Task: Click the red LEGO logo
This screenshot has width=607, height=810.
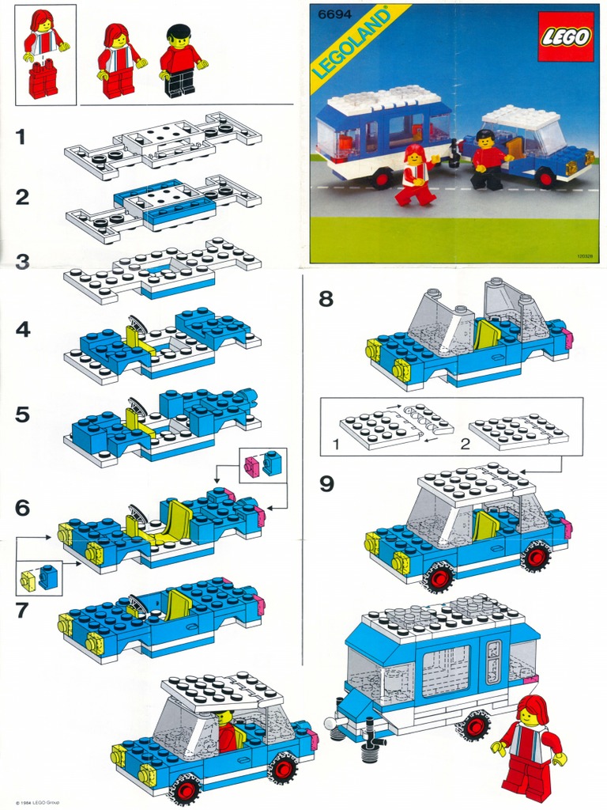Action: click(564, 37)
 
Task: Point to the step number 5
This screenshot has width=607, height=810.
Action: click(23, 414)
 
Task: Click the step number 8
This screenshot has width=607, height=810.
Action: click(326, 299)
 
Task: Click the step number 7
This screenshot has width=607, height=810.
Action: click(22, 611)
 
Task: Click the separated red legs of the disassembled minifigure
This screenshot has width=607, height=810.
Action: click(43, 80)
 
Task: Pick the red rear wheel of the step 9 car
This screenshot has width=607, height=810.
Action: click(535, 557)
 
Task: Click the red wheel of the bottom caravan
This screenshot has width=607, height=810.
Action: click(474, 725)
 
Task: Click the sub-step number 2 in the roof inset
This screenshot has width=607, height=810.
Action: click(466, 444)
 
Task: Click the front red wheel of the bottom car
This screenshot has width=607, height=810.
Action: click(187, 789)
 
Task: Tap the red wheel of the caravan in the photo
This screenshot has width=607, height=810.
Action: click(382, 179)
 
